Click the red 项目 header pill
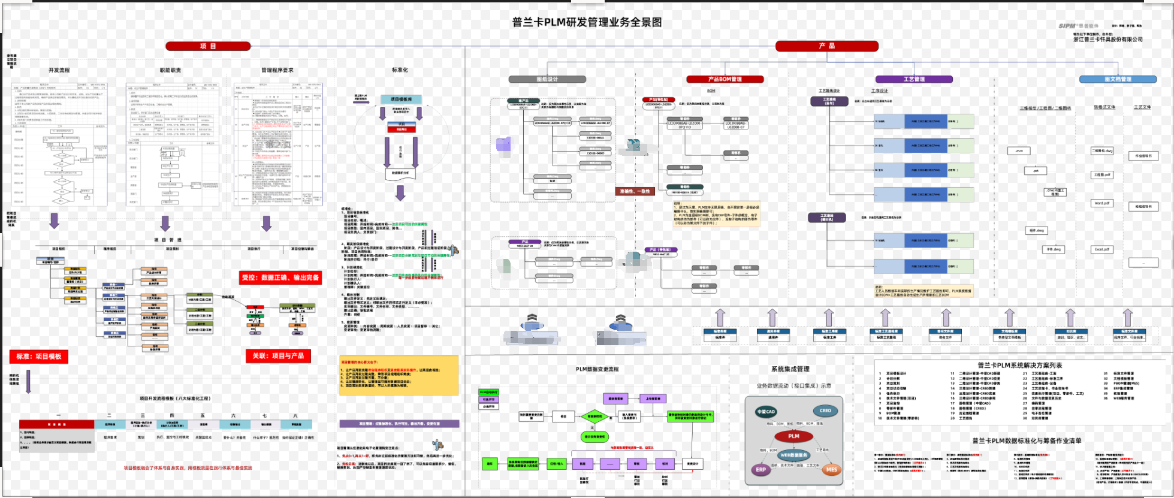point(208,46)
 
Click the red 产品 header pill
point(827,46)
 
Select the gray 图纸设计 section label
point(547,79)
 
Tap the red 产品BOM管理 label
point(725,79)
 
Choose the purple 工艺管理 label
point(914,79)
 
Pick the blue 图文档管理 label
point(1118,79)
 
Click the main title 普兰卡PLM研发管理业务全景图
point(587,22)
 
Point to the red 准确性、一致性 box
point(635,191)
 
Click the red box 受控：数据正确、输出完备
point(280,277)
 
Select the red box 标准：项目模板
point(39,357)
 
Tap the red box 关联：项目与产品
point(278,356)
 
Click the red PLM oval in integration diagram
point(794,436)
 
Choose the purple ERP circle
point(761,470)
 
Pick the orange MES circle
point(831,470)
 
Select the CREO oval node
point(825,411)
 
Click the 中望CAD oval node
point(766,412)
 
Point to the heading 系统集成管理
point(790,369)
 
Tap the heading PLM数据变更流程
point(597,369)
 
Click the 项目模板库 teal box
point(401,99)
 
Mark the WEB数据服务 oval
point(794,455)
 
